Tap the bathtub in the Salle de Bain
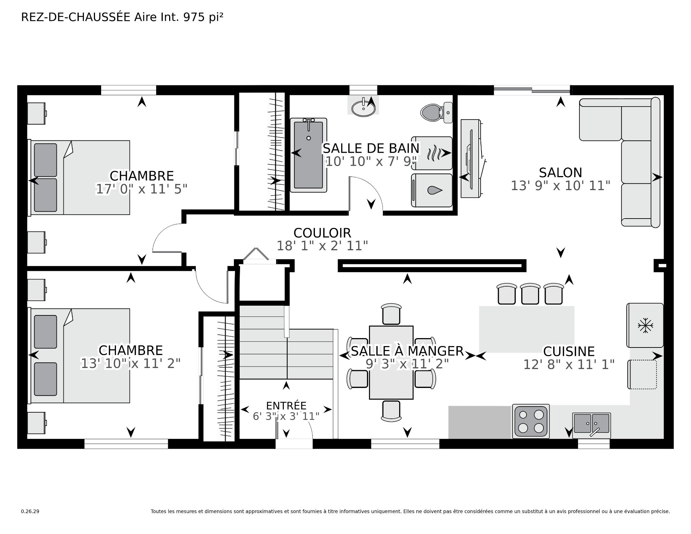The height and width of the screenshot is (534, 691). click(308, 155)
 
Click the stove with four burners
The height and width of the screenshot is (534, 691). click(531, 421)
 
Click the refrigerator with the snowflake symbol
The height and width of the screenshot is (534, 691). click(645, 326)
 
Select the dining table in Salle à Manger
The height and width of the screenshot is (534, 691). click(391, 362)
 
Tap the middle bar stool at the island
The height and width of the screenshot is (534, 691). click(530, 293)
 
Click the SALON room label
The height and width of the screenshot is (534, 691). click(560, 172)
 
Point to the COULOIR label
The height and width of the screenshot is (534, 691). click(322, 233)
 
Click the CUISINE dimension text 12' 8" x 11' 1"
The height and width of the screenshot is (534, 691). click(569, 365)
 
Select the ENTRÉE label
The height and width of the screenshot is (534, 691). click(286, 405)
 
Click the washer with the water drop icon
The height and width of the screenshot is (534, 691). click(432, 190)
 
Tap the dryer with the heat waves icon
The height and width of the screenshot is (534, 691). click(432, 153)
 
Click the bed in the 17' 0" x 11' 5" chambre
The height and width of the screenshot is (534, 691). click(79, 178)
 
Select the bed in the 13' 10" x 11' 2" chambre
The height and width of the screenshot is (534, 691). click(79, 355)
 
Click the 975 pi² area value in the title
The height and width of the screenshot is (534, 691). click(203, 17)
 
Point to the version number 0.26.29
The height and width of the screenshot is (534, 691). click(30, 511)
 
